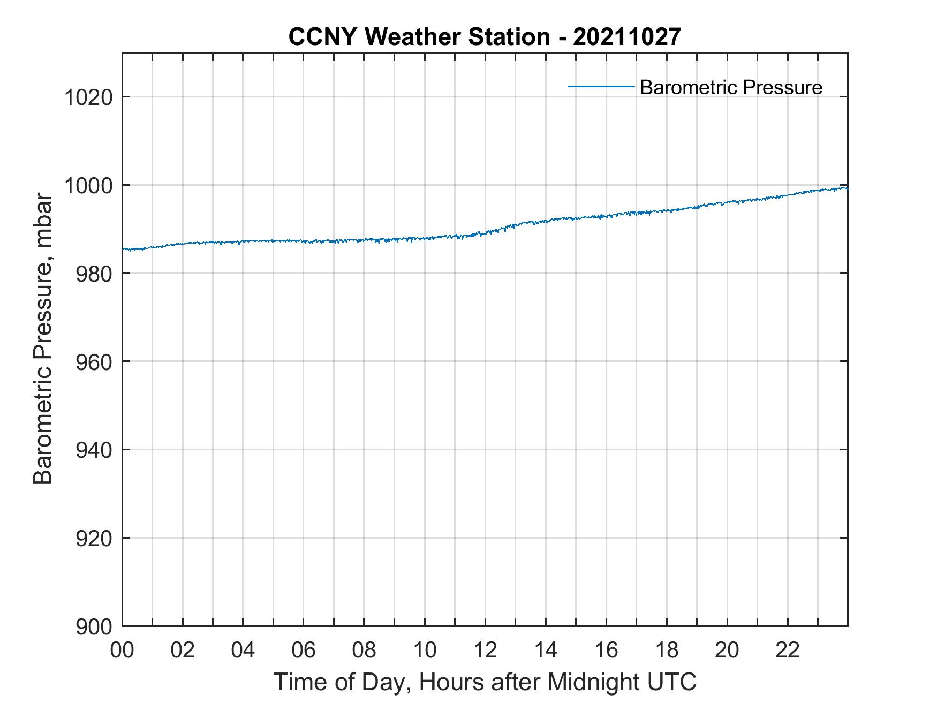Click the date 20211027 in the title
[626, 37]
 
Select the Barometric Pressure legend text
[730, 87]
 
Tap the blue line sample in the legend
[601, 86]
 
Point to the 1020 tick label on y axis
[88, 97]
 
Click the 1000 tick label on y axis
[88, 186]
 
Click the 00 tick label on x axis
[122, 650]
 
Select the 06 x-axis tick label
[304, 650]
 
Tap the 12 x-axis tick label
[485, 650]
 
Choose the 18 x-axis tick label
[667, 650]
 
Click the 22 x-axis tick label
[788, 650]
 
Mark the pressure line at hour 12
[485, 233]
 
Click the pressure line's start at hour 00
[124, 249]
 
